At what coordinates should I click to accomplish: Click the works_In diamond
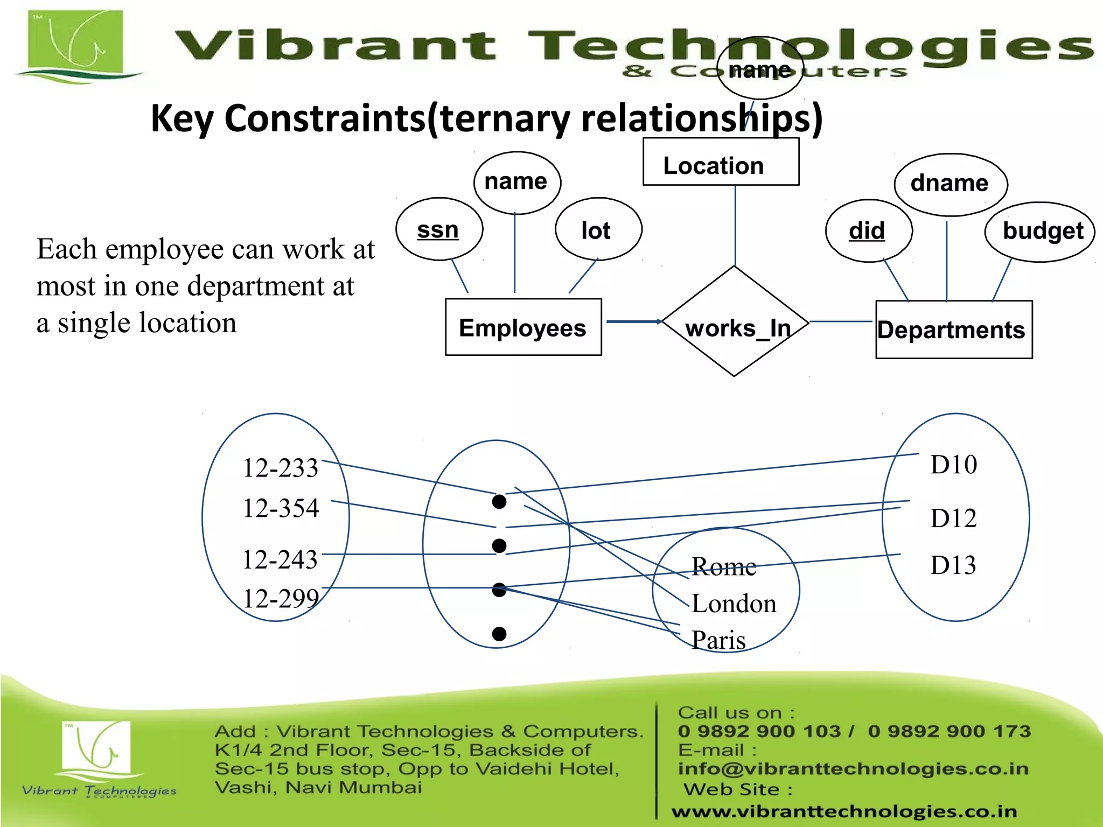click(735, 321)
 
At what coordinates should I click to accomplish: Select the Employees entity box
click(523, 327)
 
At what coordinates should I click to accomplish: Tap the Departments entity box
click(953, 330)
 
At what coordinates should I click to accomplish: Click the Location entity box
click(721, 162)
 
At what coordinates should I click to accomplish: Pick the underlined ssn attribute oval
click(439, 230)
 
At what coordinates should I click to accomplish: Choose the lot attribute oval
click(598, 230)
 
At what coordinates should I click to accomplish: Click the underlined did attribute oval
click(868, 231)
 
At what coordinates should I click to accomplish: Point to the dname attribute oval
click(951, 184)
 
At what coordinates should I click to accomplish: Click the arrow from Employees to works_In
click(633, 321)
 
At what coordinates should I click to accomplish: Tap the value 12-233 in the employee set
click(280, 467)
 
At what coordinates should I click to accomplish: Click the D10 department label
click(953, 465)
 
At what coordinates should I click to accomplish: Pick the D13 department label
click(953, 565)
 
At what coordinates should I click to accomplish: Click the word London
click(734, 604)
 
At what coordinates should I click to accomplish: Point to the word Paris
click(718, 640)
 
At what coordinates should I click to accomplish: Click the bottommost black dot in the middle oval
click(499, 634)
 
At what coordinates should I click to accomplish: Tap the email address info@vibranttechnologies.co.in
click(853, 768)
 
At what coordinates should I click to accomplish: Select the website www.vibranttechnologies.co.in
click(844, 811)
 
